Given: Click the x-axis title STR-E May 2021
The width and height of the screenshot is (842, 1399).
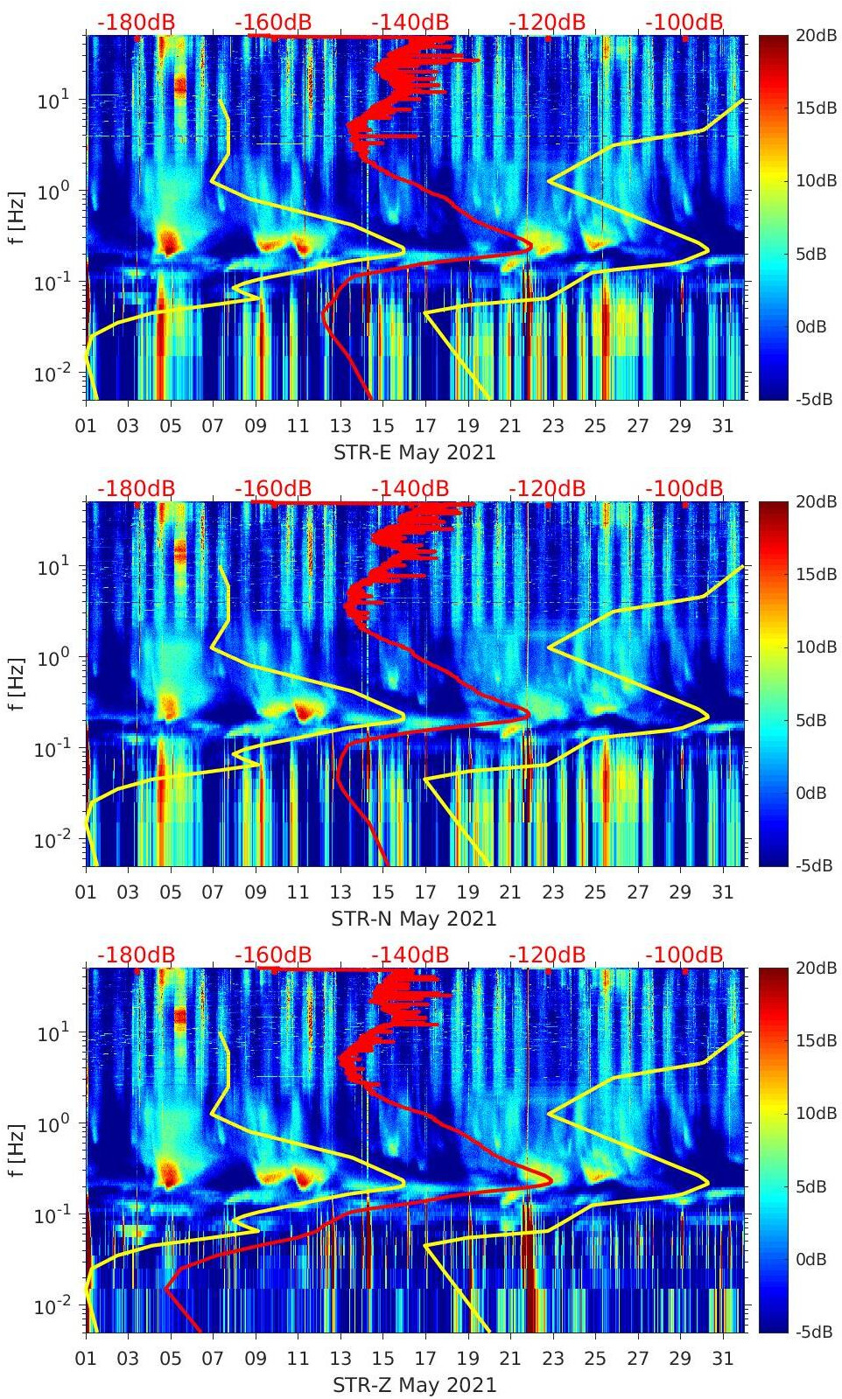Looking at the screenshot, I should coord(414,452).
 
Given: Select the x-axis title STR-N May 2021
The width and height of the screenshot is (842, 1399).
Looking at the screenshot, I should coord(414,919).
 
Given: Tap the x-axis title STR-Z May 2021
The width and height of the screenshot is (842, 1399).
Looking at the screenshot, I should coord(414,1385).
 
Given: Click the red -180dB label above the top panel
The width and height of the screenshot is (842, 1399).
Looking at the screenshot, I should coord(136,22).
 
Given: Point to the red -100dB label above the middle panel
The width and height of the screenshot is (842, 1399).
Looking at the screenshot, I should coord(684,488).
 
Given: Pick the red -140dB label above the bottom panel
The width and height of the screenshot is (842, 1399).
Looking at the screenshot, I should coord(410,955).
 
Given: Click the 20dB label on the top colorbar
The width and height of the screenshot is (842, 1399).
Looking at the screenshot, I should coord(814,35).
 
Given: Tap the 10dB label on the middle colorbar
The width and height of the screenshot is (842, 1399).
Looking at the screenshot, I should coord(814,647).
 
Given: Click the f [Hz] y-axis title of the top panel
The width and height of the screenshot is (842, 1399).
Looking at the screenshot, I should coord(17,217).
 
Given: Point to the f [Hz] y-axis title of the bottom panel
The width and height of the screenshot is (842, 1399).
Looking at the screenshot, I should coord(17,1150).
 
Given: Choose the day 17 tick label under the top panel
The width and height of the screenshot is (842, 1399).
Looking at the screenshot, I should coord(425,426).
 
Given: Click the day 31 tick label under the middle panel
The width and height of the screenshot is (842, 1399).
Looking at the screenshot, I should coord(722,892).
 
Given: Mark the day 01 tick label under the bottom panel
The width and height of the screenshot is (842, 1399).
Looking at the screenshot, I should coord(86,1359).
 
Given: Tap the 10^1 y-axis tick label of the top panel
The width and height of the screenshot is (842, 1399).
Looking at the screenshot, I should coord(49,100).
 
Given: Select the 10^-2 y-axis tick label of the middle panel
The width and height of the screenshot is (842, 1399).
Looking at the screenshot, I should coord(49,840).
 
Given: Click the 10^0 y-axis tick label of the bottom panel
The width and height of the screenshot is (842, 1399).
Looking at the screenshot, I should coord(49,1123).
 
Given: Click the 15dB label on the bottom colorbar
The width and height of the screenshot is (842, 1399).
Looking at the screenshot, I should coord(814,1040).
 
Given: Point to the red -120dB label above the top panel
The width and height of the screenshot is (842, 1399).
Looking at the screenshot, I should coord(547,22).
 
